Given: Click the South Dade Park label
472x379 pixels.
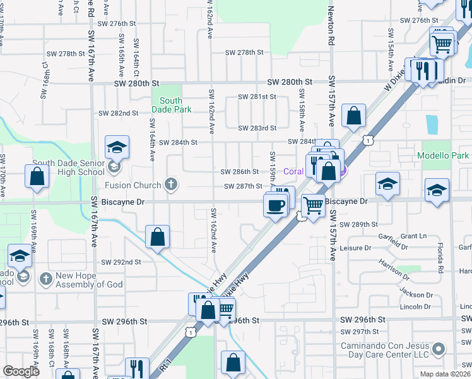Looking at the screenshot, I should [x=171, y=105].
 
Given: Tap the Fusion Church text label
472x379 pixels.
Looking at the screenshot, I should [x=132, y=185].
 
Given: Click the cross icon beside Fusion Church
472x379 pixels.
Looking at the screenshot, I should [x=170, y=184].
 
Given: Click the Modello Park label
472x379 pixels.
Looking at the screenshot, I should [x=443, y=155].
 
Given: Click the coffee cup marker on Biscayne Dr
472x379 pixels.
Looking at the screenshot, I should [x=275, y=205].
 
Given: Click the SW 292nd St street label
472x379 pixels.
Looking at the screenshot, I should [x=119, y=262].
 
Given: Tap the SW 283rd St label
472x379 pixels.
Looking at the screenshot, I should [x=257, y=128].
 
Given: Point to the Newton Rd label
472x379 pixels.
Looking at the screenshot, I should [x=329, y=25].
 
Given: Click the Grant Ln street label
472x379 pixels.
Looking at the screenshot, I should [x=413, y=236].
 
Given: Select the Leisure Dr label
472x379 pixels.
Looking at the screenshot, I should [x=354, y=248].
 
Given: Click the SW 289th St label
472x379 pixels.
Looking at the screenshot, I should [x=358, y=224].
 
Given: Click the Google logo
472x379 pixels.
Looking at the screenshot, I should [x=21, y=371].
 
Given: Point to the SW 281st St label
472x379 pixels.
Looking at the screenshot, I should [x=257, y=97].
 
